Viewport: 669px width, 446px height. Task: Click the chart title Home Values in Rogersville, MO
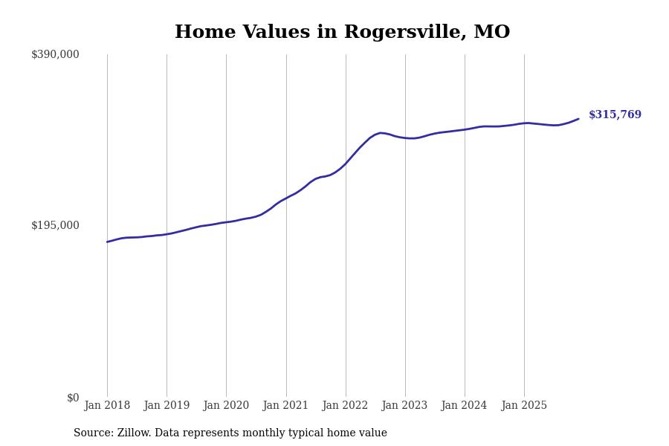point(342,33)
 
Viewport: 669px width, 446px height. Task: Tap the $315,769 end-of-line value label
point(615,115)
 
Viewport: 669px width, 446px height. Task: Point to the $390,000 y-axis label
point(55,54)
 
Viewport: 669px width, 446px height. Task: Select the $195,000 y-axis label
point(55,225)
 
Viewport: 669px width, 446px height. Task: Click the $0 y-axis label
point(73,398)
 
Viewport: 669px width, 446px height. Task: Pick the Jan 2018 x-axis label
point(107,406)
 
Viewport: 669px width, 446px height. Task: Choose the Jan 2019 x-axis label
point(167,406)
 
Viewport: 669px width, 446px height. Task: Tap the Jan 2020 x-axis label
point(226,406)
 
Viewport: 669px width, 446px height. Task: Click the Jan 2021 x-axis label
point(286,406)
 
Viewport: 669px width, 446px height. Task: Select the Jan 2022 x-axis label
point(346,406)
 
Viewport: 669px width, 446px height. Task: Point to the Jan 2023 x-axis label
point(405,406)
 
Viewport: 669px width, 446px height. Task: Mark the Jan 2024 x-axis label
point(465,406)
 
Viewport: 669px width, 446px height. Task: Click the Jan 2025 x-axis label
point(524,406)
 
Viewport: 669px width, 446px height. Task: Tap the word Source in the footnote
point(92,433)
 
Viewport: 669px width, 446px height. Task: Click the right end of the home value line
point(578,119)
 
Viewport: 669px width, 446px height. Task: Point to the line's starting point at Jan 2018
point(107,242)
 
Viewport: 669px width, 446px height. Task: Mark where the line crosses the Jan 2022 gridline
point(346,164)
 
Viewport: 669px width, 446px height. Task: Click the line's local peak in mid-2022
point(381,133)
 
